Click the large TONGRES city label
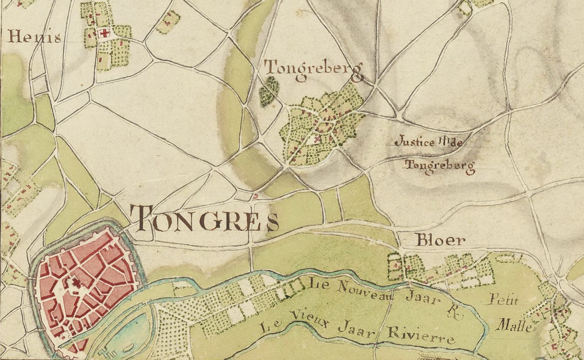click(203, 219)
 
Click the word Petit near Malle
click(503, 300)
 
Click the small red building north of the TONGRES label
click(256, 196)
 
